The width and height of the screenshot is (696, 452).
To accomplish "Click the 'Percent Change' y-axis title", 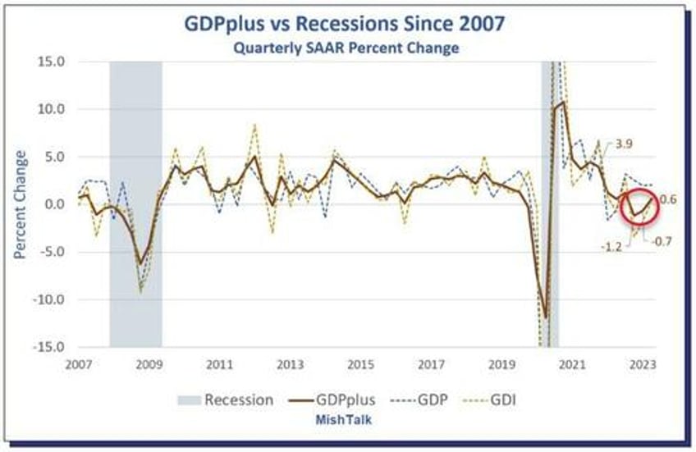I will [21, 204].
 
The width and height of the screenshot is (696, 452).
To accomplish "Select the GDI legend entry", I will [492, 400].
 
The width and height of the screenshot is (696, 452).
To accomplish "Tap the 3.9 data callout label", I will [623, 144].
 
